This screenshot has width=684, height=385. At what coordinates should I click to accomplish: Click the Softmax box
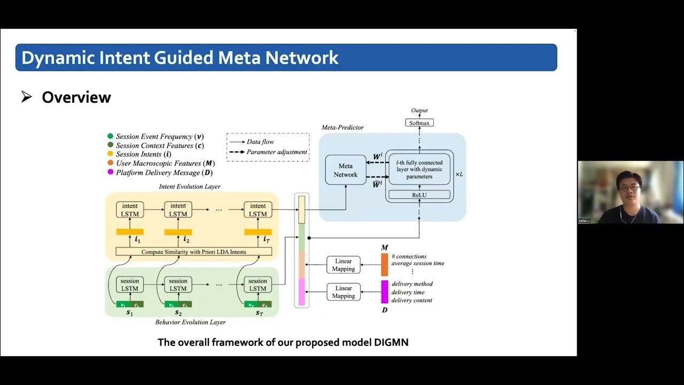(419, 123)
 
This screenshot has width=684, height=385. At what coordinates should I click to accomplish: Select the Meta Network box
(346, 171)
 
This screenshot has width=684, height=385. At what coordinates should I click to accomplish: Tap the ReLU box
(419, 195)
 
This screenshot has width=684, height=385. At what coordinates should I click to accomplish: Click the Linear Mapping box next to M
(344, 265)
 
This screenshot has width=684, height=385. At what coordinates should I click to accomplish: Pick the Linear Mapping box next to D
(344, 292)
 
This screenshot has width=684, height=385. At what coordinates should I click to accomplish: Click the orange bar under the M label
(384, 265)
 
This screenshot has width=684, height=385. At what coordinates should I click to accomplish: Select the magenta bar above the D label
(384, 292)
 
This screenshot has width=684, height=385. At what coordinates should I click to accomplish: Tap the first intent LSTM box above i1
(130, 210)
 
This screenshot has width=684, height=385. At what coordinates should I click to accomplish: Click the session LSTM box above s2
(178, 284)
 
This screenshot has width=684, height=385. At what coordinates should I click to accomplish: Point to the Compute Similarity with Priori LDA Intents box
(193, 251)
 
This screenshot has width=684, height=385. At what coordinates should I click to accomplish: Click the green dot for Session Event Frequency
(111, 136)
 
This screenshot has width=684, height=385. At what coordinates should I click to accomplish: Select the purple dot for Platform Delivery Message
(111, 172)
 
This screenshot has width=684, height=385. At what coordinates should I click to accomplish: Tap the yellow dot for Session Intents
(111, 154)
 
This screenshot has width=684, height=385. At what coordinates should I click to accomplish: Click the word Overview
(76, 97)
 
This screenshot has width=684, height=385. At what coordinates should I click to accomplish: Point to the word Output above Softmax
(419, 111)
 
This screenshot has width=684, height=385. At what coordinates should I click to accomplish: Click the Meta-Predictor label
(343, 127)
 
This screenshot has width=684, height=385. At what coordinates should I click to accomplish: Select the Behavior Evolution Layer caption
(190, 322)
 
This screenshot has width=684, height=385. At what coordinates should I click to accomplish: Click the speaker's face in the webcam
(629, 187)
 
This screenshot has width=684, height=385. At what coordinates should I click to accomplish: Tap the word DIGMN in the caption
(388, 342)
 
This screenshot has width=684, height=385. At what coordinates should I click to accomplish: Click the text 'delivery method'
(412, 284)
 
